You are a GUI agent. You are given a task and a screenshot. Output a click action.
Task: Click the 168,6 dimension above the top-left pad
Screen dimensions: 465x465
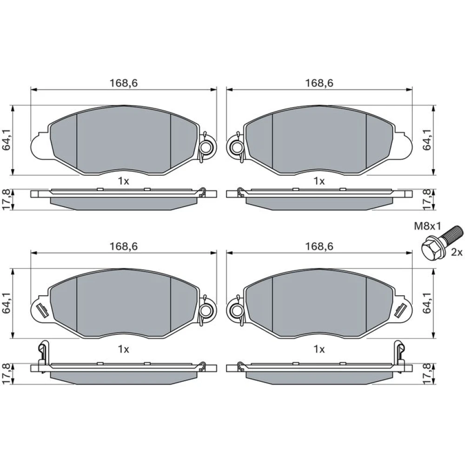click(124, 83)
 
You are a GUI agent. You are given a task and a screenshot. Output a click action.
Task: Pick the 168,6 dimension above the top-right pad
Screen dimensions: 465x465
click(319, 83)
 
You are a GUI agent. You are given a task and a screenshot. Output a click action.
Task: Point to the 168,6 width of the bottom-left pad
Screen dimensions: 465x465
click(124, 246)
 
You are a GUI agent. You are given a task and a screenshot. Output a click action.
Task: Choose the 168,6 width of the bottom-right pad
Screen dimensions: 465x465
click(319, 246)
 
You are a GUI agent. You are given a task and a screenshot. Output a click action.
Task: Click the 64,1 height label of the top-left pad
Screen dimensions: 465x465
click(7, 139)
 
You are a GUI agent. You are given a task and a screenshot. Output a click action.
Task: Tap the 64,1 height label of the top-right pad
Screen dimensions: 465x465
click(427, 139)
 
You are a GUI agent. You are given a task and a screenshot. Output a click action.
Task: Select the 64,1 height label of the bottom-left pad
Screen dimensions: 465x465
click(7, 303)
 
